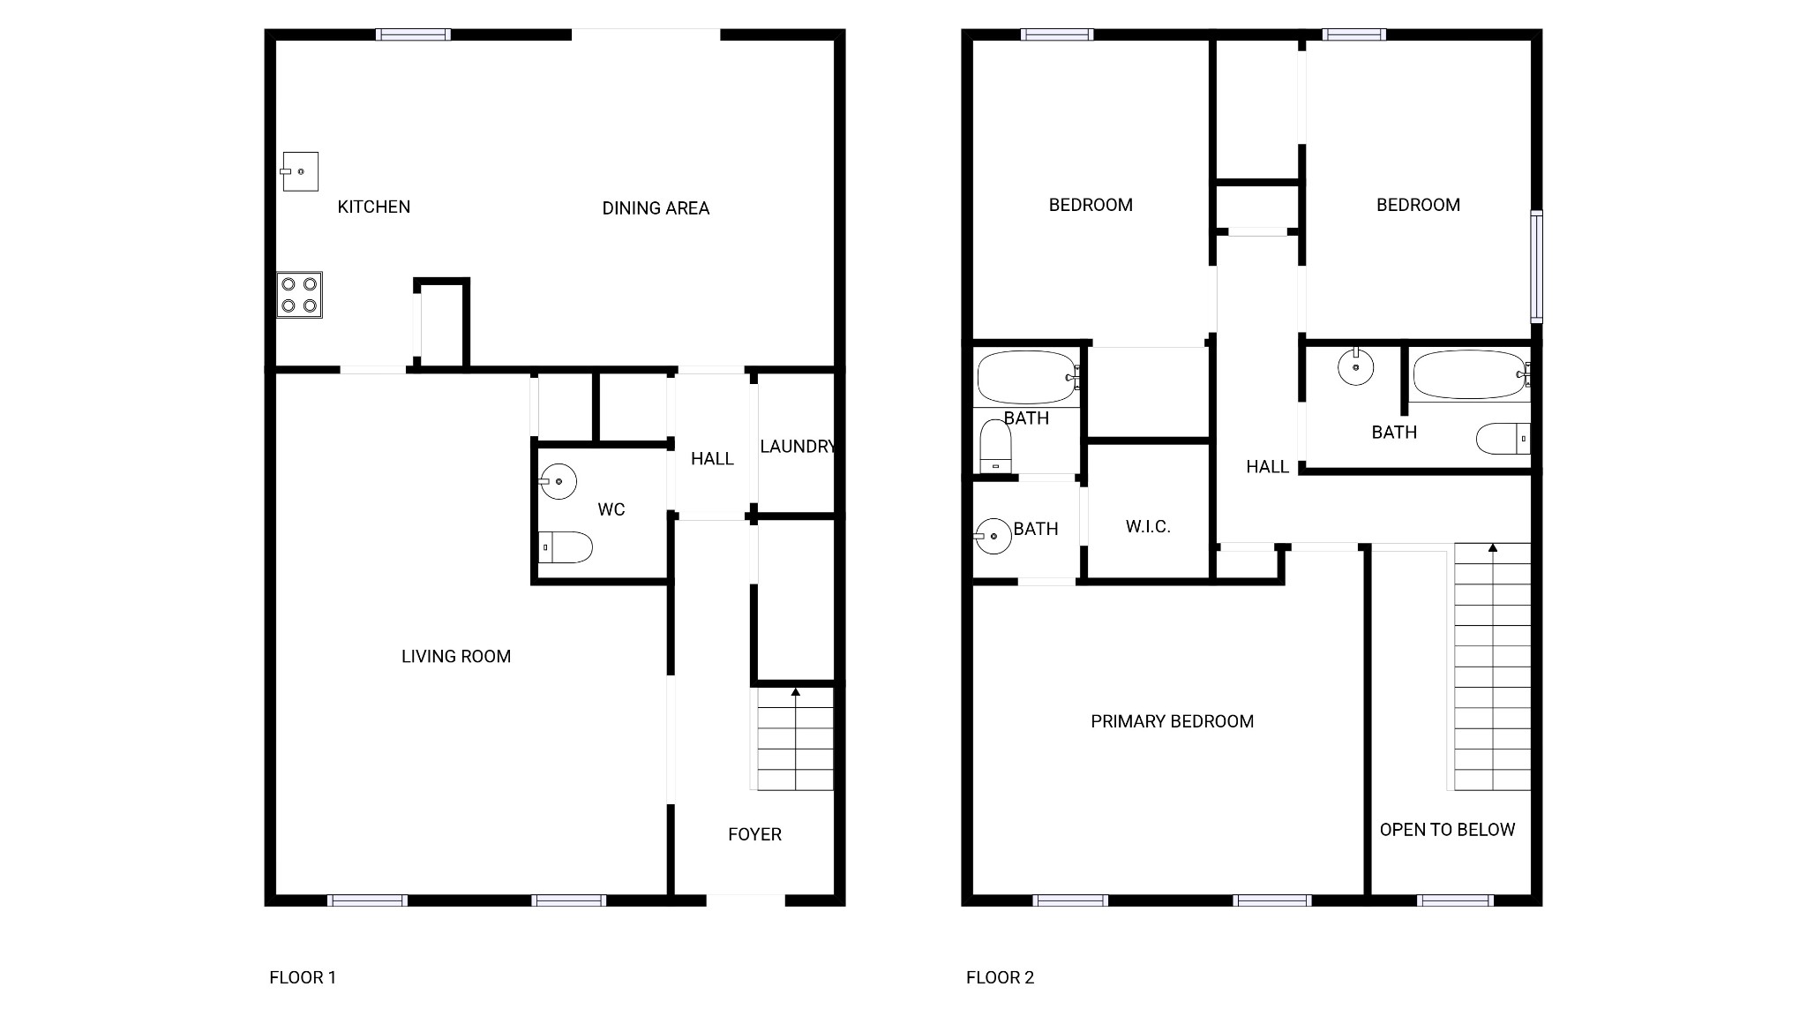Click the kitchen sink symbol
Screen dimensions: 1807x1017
[300, 171]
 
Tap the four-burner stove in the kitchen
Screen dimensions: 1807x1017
[299, 295]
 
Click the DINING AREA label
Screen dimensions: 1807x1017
[656, 208]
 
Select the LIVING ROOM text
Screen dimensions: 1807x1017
[456, 656]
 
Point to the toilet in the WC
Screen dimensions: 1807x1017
[565, 547]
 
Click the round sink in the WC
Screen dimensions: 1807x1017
[558, 481]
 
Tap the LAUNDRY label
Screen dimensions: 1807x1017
[798, 447]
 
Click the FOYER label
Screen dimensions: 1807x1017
[754, 834]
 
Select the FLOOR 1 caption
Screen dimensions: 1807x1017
[303, 977]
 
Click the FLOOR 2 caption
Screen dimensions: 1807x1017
[1000, 977]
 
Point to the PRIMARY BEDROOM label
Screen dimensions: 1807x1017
[1172, 721]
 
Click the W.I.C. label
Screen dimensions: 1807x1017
[1148, 527]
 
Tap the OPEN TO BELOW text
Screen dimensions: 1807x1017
[1447, 830]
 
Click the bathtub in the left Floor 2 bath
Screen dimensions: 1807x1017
[1027, 378]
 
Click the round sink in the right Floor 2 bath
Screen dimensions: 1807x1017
[1355, 366]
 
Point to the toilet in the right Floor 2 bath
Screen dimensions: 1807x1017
[1503, 439]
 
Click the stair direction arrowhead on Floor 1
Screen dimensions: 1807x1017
[795, 692]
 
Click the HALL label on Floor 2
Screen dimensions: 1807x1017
[1267, 467]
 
